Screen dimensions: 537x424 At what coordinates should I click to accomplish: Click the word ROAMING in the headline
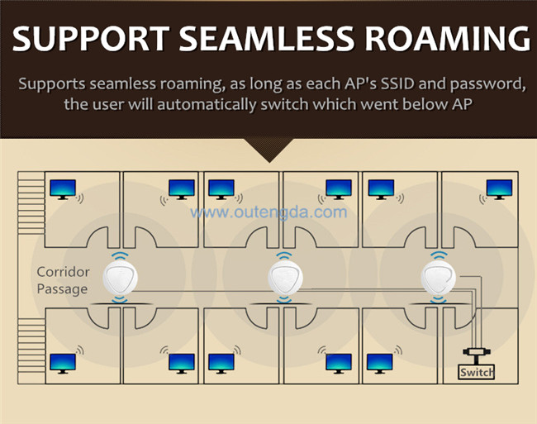coord(448,38)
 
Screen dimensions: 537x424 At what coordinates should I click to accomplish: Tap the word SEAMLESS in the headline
coord(266,38)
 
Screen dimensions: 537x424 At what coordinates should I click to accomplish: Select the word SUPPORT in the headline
coord(91,38)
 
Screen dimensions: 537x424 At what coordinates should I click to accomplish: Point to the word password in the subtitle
coord(488,84)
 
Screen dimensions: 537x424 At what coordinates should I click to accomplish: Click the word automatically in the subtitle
coord(207,104)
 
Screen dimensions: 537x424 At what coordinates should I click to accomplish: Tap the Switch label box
coord(476,372)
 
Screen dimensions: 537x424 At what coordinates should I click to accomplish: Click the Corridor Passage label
coord(62,280)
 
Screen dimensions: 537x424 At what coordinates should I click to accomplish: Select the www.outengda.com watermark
coord(268,212)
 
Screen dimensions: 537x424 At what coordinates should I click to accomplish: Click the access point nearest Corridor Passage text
coord(121,277)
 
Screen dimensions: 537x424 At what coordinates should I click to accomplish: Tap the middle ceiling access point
coord(285,277)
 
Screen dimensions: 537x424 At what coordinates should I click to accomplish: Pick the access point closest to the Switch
coord(439,277)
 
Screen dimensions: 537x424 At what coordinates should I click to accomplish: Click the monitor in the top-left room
coord(63,189)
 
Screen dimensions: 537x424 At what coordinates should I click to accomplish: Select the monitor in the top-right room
coord(499,189)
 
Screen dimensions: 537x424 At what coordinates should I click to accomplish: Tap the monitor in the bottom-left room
coord(63,364)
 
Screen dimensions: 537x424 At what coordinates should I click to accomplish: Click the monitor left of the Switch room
coord(380,364)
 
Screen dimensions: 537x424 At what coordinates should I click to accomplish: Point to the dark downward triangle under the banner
coord(269,150)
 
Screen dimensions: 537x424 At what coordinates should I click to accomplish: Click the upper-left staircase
coord(31,203)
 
